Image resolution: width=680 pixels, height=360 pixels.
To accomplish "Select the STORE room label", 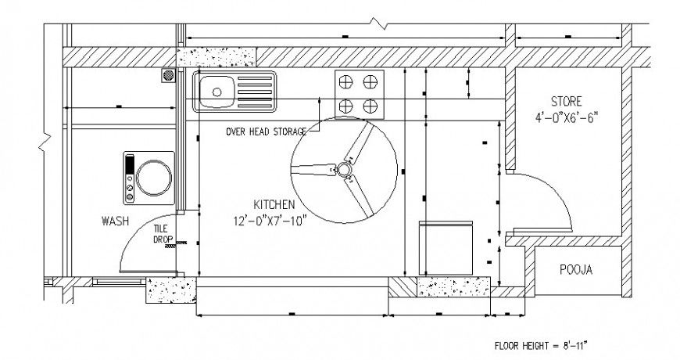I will click(567, 102).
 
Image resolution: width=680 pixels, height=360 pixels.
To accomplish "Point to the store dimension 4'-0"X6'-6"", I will click(567, 119).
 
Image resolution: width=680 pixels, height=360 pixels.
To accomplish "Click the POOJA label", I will click(577, 270).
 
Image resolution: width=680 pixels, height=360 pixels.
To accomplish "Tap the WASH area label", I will click(115, 221).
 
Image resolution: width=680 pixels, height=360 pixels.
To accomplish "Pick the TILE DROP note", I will click(163, 233).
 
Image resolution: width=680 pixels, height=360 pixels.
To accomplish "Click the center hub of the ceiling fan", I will click(343, 169).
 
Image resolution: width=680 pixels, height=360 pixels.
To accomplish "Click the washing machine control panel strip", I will click(129, 177).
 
